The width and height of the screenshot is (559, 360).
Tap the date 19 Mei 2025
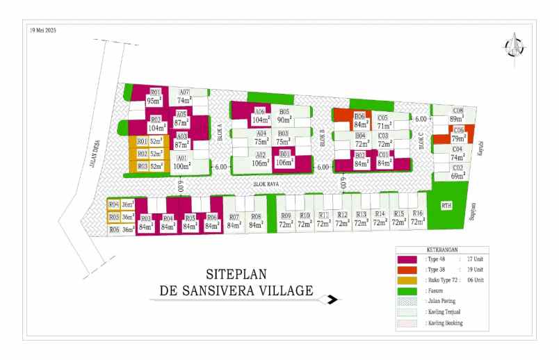(x=42, y=30)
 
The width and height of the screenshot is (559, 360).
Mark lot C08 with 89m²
(x=457, y=115)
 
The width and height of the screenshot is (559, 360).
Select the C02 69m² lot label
(x=458, y=172)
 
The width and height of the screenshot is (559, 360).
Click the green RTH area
(x=447, y=205)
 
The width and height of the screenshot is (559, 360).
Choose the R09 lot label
(x=286, y=220)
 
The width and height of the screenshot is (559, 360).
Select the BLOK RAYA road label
(x=266, y=184)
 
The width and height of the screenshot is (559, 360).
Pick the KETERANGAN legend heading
(x=439, y=250)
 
